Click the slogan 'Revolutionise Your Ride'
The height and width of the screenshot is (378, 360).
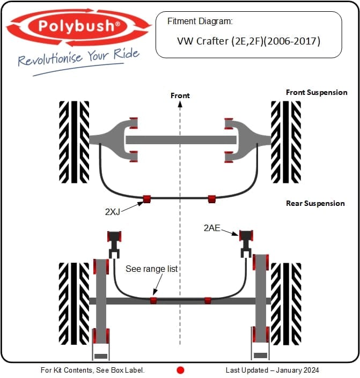(x=78, y=57)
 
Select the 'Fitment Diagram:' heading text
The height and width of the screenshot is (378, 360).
(x=200, y=22)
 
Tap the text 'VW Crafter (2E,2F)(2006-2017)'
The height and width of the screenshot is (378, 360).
(x=248, y=40)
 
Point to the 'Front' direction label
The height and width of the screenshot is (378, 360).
(x=180, y=95)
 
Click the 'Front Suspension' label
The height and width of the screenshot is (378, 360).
(x=317, y=92)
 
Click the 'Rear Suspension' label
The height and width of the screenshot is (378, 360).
(x=315, y=203)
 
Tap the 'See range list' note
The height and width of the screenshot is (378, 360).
(x=151, y=268)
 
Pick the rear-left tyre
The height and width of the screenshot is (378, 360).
(x=74, y=302)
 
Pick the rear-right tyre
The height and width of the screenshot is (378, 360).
(x=286, y=302)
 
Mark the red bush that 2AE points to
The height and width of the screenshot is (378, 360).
(x=246, y=236)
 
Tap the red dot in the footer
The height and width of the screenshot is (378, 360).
(x=180, y=370)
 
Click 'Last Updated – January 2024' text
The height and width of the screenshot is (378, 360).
(x=272, y=370)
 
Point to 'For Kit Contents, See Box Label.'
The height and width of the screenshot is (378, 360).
(x=93, y=370)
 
